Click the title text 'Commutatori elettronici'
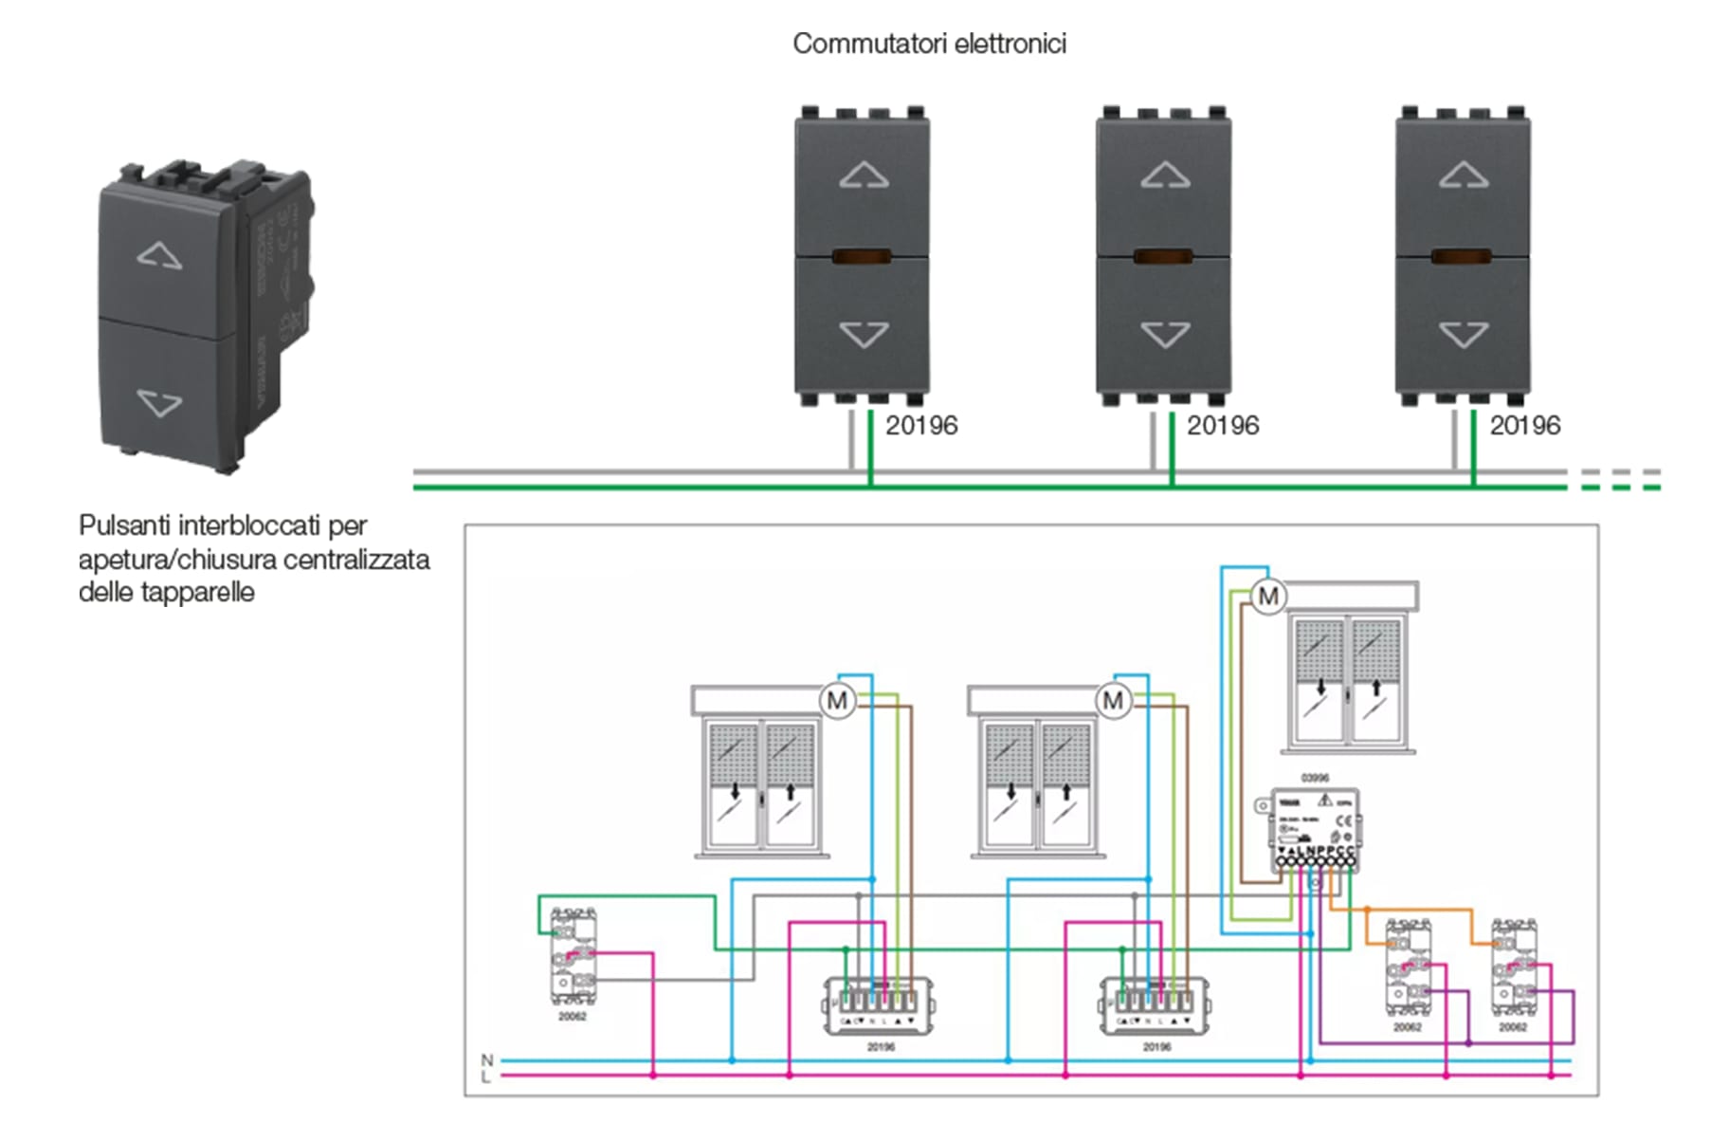click(x=929, y=44)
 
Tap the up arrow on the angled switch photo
click(x=159, y=255)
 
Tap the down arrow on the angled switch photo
click(x=159, y=402)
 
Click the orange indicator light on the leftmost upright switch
click(x=862, y=256)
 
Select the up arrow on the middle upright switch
click(x=1165, y=175)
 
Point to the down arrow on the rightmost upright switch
click(x=1464, y=334)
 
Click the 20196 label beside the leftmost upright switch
click(x=921, y=426)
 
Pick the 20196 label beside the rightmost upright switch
click(x=1524, y=426)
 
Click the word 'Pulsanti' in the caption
click(x=125, y=525)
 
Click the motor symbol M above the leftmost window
click(x=837, y=701)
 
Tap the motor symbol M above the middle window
click(x=1113, y=701)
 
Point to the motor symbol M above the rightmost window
click(x=1268, y=597)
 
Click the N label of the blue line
click(x=487, y=1059)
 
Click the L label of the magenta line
click(x=486, y=1077)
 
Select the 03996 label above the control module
click(x=1315, y=778)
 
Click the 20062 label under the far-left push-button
click(x=573, y=1017)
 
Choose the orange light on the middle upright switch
click(x=1163, y=256)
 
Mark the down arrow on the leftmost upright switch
click(x=864, y=334)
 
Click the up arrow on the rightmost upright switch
click(x=1464, y=175)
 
